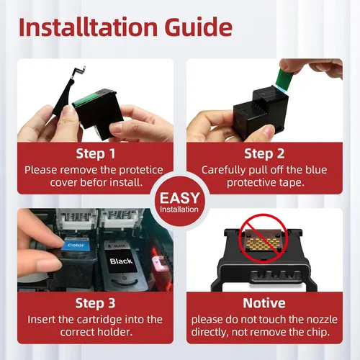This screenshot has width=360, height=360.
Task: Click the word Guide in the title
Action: [199, 27]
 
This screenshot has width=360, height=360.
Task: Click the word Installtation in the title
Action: [88, 27]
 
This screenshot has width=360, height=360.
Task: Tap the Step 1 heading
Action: [96, 153]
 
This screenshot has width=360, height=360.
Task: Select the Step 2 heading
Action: [264, 153]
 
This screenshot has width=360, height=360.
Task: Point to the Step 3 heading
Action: [95, 303]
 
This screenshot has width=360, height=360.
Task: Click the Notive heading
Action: [264, 303]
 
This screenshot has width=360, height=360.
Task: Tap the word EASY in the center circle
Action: [180, 198]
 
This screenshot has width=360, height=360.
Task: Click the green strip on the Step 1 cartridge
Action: [86, 100]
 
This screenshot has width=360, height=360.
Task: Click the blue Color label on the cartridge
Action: [75, 245]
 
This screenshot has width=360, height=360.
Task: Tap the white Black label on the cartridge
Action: [121, 261]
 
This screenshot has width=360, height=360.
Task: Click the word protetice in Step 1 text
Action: [141, 171]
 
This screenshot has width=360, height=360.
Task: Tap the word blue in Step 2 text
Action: [316, 170]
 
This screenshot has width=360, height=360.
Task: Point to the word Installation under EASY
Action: [179, 210]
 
